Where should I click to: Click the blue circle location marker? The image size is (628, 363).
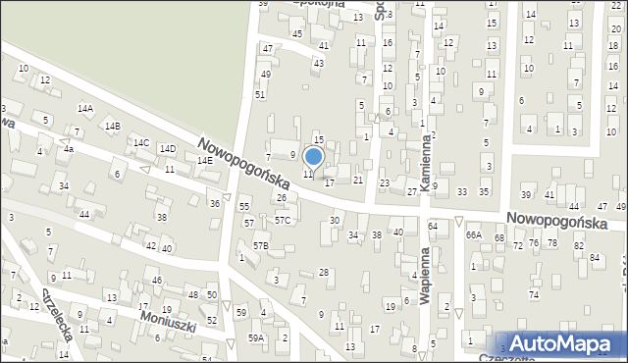[x=314, y=155]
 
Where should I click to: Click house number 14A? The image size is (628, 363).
[x=85, y=108]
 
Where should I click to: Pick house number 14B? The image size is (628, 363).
[x=113, y=126]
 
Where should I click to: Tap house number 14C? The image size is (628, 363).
[x=141, y=143]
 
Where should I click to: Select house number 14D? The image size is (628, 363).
[x=168, y=149]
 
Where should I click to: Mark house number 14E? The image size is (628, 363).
[x=204, y=160]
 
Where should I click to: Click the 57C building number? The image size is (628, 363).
[x=283, y=221]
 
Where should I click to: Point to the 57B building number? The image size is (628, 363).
[x=260, y=244]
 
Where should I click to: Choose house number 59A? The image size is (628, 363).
[x=256, y=338]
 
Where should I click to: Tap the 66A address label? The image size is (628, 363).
[x=473, y=235]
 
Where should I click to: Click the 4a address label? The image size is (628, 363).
[x=69, y=149]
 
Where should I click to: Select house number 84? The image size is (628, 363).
[x=595, y=257]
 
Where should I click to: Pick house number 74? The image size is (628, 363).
[x=534, y=294]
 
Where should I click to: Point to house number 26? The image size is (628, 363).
[x=281, y=198]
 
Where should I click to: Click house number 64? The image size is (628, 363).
[x=432, y=227]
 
